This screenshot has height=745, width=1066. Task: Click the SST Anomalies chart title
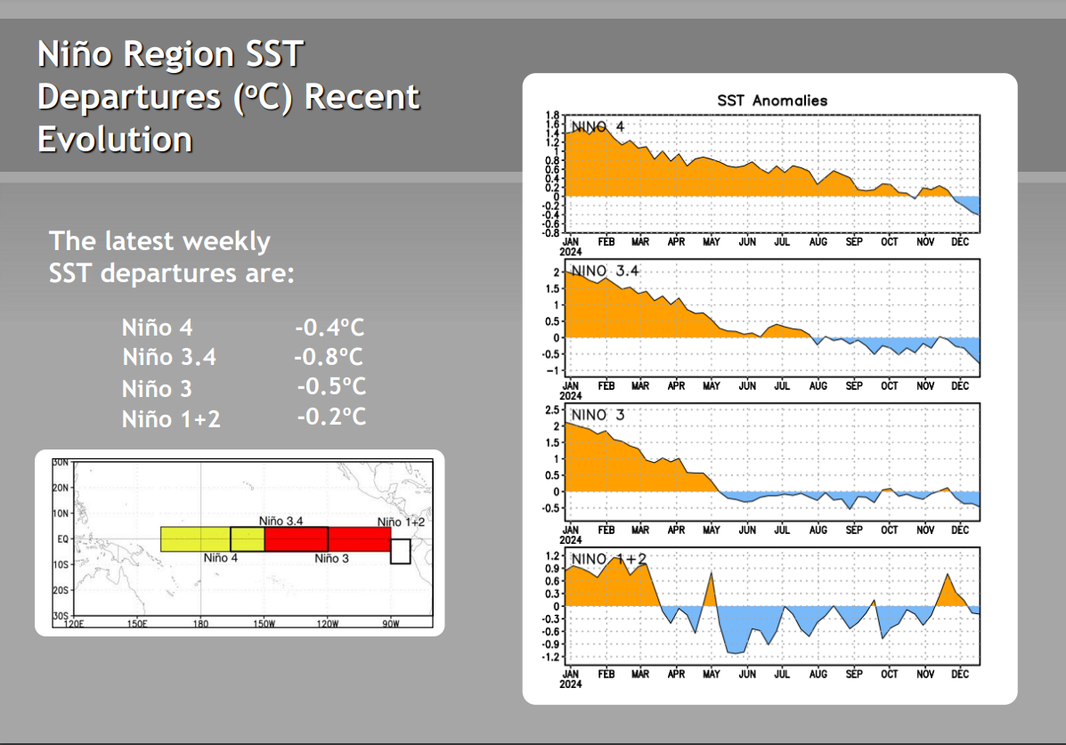point(772,101)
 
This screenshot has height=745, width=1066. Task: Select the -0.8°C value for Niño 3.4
point(329,357)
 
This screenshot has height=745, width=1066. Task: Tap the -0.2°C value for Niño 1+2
point(331,416)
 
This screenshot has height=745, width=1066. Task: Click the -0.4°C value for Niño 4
point(330,328)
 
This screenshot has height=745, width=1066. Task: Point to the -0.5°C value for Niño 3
point(331,386)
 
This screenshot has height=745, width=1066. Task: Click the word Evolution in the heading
point(115,140)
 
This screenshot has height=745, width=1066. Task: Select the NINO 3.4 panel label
point(605,271)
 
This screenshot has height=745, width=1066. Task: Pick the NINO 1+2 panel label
point(609,559)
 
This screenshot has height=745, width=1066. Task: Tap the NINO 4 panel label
point(598,126)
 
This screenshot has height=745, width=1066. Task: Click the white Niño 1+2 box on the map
point(401,551)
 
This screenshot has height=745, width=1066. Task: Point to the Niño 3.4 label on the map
point(281,521)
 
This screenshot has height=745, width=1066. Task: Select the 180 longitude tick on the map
point(200,623)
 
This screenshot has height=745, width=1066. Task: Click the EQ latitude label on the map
point(62,539)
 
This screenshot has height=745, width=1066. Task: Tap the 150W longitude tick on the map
point(264,623)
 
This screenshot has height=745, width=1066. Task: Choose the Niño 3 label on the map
point(332,558)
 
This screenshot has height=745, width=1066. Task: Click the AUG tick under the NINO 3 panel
point(818,530)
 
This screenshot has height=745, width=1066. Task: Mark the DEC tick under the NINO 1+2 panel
point(960,675)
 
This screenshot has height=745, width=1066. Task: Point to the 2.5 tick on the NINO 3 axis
point(552,410)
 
